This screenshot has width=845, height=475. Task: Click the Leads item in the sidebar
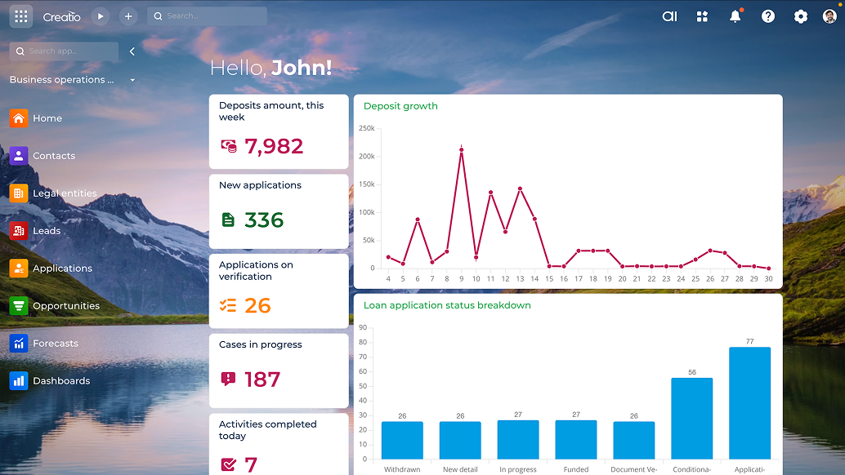tap(46, 231)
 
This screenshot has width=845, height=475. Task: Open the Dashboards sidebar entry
tap(60, 381)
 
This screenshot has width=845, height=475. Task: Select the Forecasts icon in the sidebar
tap(19, 344)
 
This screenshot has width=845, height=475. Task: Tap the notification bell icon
tap(735, 16)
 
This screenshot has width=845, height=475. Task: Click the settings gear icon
tap(801, 16)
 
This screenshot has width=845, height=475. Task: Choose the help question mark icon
tap(768, 16)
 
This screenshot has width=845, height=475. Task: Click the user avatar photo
tap(830, 16)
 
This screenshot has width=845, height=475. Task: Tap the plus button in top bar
tap(128, 16)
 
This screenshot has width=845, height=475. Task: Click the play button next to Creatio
tap(100, 16)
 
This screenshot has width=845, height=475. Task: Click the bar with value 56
tap(692, 418)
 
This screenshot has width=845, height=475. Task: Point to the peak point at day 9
tap(462, 150)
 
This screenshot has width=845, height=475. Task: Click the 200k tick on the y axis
tap(367, 157)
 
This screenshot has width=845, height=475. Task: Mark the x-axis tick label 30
tap(768, 279)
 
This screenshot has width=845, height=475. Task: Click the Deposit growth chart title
tap(400, 106)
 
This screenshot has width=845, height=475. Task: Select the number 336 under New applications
tap(264, 220)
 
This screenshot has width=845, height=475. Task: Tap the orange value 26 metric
tap(257, 305)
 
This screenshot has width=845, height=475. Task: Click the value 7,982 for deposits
tap(274, 146)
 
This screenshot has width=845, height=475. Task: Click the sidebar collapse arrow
tap(132, 51)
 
